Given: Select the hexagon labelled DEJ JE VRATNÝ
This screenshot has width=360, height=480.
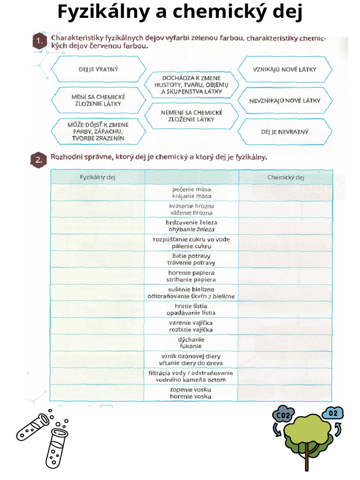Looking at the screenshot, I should (x=98, y=69).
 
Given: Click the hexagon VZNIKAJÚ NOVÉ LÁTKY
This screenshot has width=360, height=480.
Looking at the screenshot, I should (x=285, y=69).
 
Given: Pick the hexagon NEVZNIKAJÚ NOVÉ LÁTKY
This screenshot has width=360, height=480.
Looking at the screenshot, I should (x=285, y=100).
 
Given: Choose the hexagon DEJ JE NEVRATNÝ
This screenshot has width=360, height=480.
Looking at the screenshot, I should (x=285, y=132).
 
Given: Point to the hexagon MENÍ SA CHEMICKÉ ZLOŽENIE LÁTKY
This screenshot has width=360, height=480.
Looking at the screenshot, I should (x=98, y=100).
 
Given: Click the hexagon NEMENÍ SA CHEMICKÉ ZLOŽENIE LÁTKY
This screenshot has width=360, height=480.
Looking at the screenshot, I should (x=191, y=116).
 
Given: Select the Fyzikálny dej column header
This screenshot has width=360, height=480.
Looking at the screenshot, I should (x=97, y=177).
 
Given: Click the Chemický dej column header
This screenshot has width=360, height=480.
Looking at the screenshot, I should (x=285, y=177).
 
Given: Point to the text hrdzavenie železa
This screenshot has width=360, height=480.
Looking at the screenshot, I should (x=191, y=223).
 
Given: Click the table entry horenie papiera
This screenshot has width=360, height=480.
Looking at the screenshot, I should (x=191, y=273).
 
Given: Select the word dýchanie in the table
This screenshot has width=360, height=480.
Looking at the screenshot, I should (x=191, y=339).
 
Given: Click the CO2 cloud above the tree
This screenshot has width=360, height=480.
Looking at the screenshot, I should (x=283, y=415).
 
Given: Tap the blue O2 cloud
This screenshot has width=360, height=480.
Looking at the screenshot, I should (x=333, y=413).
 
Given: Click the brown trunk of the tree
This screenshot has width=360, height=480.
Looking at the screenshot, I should (x=307, y=457).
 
